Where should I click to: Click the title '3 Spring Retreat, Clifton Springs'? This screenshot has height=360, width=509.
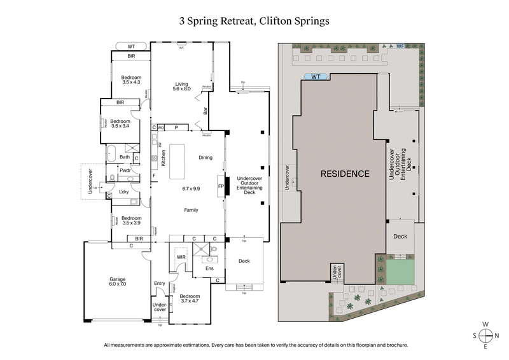[254, 20]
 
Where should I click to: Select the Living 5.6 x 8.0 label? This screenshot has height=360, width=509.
[182, 86]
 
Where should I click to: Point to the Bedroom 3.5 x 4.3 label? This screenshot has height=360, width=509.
[131, 80]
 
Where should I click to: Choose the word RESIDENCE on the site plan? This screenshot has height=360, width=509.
[344, 174]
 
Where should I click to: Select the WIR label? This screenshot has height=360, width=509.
[181, 257]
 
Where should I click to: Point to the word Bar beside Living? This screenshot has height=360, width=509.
[206, 111]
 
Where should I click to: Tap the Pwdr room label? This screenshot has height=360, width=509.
[125, 170]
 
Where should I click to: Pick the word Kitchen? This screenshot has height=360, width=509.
[164, 158]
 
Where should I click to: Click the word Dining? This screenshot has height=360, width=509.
[206, 158]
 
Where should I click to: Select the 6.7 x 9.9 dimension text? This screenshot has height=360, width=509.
[191, 189]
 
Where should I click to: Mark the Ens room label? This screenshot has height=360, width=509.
[209, 268]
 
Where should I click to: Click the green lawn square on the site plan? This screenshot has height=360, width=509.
[400, 272]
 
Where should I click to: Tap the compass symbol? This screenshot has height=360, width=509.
[486, 335]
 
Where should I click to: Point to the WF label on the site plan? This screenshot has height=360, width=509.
[400, 45]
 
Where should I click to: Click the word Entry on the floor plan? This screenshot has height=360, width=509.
[160, 284]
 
